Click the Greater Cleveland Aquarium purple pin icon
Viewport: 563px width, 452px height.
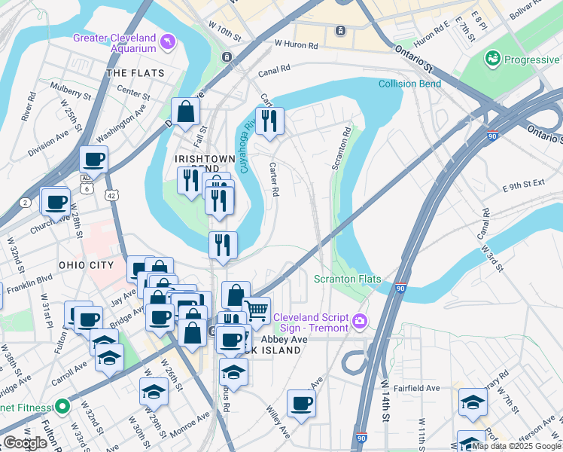[166, 39]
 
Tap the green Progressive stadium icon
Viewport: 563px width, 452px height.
[494, 57]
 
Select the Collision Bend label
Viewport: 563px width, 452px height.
[409, 84]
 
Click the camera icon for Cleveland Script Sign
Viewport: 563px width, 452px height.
[360, 322]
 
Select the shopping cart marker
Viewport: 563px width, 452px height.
[257, 309]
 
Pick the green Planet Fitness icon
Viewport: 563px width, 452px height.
[63, 409]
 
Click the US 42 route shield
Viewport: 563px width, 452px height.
[111, 194]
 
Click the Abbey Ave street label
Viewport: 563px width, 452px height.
[289, 340]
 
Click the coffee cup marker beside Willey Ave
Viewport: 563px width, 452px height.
[301, 402]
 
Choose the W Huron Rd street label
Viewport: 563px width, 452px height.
[297, 44]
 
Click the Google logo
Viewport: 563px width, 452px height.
[25, 443]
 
